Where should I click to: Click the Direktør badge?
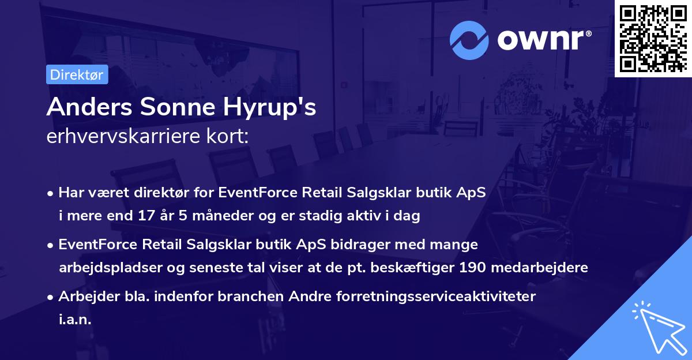(77, 75)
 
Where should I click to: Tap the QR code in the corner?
(653, 39)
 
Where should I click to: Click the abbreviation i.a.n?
(75, 319)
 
